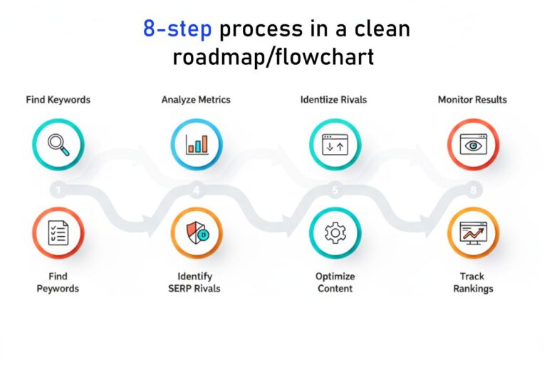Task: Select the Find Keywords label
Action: pyautogui.click(x=58, y=100)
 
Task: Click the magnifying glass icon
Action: pyautogui.click(x=58, y=144)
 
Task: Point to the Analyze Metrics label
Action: pyautogui.click(x=196, y=100)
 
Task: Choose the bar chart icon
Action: pyautogui.click(x=197, y=144)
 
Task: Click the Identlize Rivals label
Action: pyautogui.click(x=333, y=100)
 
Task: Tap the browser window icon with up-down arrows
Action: pyautogui.click(x=334, y=144)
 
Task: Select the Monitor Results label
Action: pyautogui.click(x=472, y=100)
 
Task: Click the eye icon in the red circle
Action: pyautogui.click(x=472, y=144)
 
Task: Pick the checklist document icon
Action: pyautogui.click(x=58, y=233)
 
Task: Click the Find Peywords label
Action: pyautogui.click(x=58, y=282)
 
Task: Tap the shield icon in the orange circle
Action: pyautogui.click(x=197, y=233)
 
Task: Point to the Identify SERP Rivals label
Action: pyautogui.click(x=197, y=282)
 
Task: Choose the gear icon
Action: pyautogui.click(x=334, y=233)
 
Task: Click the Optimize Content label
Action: pyautogui.click(x=334, y=282)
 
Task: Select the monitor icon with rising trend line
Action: pyautogui.click(x=472, y=233)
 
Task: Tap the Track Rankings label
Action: pyautogui.click(x=472, y=282)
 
